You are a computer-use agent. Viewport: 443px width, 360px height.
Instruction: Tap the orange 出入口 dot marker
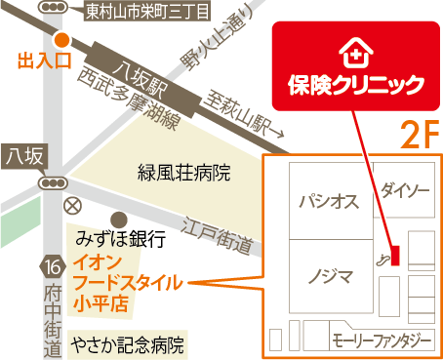[x=61, y=40]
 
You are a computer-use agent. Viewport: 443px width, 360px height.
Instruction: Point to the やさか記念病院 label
[x=126, y=344]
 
